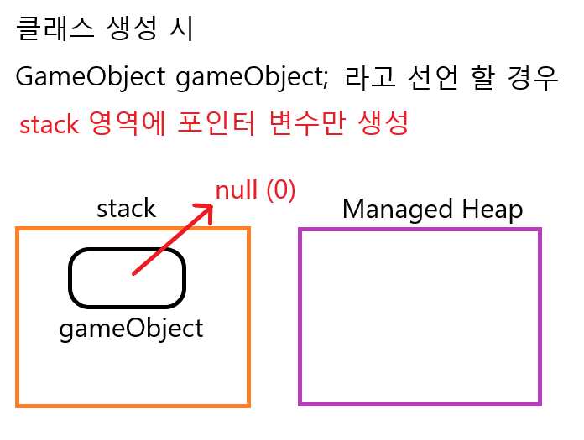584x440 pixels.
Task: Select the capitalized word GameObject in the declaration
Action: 90,78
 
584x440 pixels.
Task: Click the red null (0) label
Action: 256,190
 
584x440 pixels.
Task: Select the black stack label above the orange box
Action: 127,208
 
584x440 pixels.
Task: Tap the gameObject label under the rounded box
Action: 131,328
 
